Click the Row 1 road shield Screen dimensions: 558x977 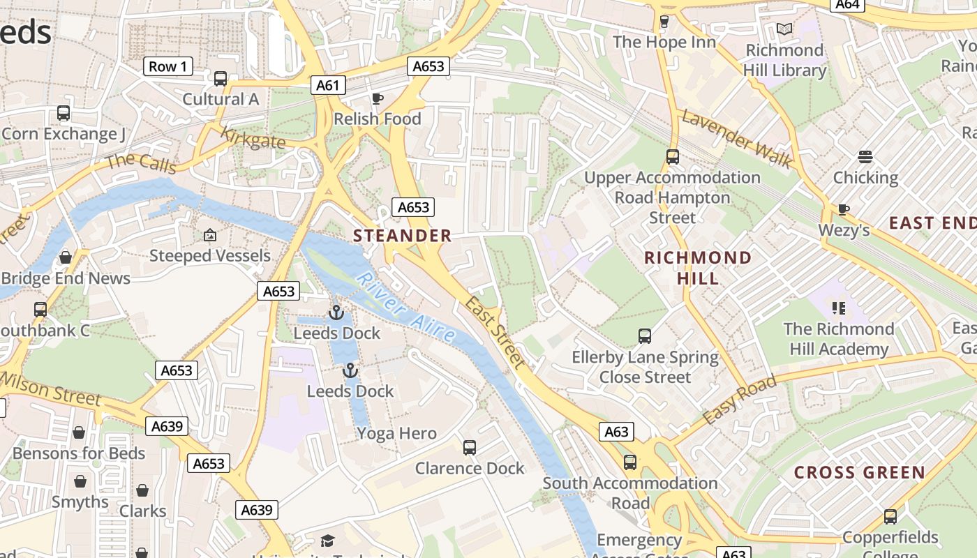[x=167, y=66]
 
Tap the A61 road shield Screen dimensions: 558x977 [x=327, y=85]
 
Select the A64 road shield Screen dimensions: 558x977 [x=847, y=4]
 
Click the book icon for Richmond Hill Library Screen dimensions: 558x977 [x=784, y=29]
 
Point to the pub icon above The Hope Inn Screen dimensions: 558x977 [x=664, y=22]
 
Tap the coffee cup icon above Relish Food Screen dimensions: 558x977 [x=378, y=98]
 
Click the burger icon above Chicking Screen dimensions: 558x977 [x=865, y=157]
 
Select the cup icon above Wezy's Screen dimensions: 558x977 [x=844, y=209]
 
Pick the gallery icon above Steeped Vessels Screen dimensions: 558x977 [x=209, y=236]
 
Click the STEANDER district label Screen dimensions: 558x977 [x=403, y=236]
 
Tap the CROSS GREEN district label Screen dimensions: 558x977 [x=860, y=472]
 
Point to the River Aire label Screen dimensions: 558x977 [x=405, y=308]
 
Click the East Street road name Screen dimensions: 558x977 [x=495, y=332]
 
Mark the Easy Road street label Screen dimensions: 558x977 [x=740, y=400]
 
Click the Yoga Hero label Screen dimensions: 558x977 [x=396, y=433]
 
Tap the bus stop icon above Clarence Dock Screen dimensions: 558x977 [x=470, y=448]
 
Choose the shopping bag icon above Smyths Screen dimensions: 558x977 [x=80, y=482]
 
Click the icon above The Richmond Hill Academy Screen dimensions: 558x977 [x=838, y=308]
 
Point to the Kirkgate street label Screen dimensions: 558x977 [x=253, y=137]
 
